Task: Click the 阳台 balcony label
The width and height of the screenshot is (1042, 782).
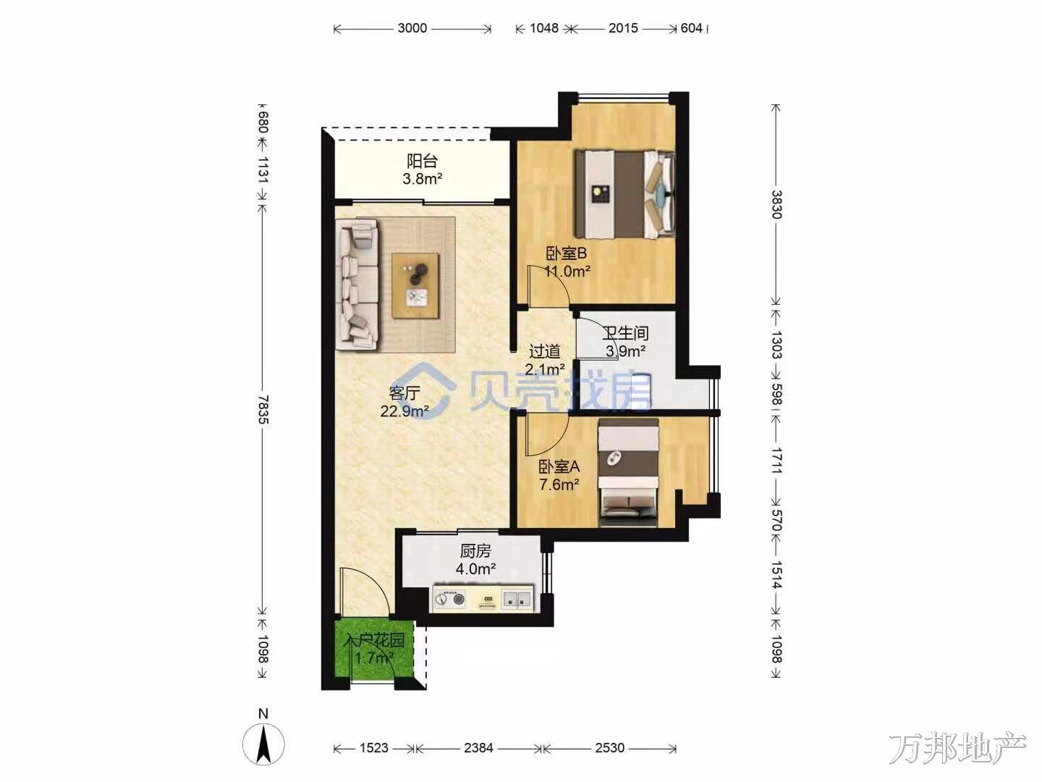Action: pyautogui.click(x=422, y=161)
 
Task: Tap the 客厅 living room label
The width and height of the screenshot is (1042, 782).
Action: pyautogui.click(x=404, y=393)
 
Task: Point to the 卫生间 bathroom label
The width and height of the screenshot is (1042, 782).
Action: pyautogui.click(x=625, y=333)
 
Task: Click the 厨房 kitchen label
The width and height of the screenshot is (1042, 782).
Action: pyautogui.click(x=475, y=551)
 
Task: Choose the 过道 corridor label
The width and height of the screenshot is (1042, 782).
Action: pyautogui.click(x=544, y=351)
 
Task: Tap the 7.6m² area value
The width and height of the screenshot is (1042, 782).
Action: pyautogui.click(x=559, y=485)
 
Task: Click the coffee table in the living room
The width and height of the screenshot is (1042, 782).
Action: pyautogui.click(x=415, y=285)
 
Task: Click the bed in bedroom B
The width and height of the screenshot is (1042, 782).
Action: pyautogui.click(x=624, y=194)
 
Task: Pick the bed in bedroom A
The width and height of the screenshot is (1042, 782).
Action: pyautogui.click(x=629, y=472)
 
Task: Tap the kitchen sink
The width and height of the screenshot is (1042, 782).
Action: pyautogui.click(x=516, y=600)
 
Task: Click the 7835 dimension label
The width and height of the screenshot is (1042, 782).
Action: pyautogui.click(x=263, y=409)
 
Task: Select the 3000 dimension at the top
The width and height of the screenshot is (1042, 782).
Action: pyautogui.click(x=412, y=28)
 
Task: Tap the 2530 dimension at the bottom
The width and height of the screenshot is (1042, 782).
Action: pyautogui.click(x=609, y=748)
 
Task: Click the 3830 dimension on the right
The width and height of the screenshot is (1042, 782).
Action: pyautogui.click(x=776, y=204)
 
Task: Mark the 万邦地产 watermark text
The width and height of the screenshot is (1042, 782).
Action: pyautogui.click(x=957, y=749)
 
